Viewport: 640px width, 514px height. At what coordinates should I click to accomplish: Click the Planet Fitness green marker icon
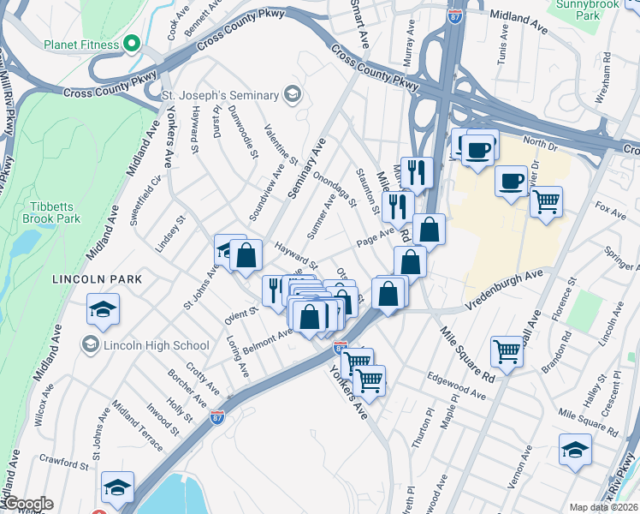(131, 43)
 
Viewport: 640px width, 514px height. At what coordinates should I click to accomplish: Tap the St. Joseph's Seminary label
(221, 93)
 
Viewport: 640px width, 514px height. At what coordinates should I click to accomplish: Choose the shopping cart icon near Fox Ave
(545, 202)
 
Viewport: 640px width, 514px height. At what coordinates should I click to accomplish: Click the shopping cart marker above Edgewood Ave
(507, 351)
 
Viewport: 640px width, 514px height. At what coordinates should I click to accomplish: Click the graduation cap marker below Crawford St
(117, 487)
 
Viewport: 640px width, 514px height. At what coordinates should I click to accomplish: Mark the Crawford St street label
(65, 463)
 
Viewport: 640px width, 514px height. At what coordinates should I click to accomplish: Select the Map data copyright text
(602, 507)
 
